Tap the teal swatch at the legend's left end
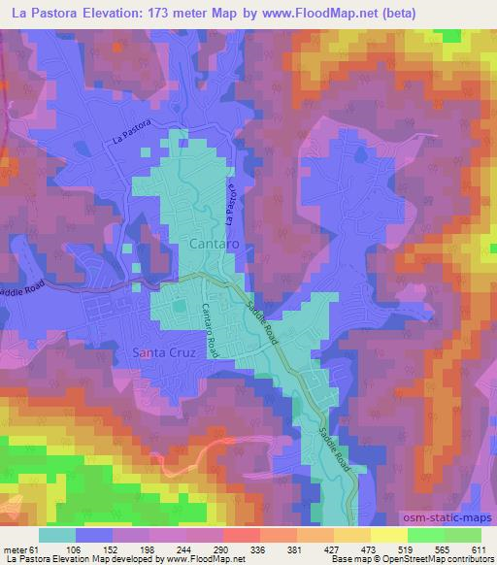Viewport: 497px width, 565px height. pyautogui.click(x=57, y=535)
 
